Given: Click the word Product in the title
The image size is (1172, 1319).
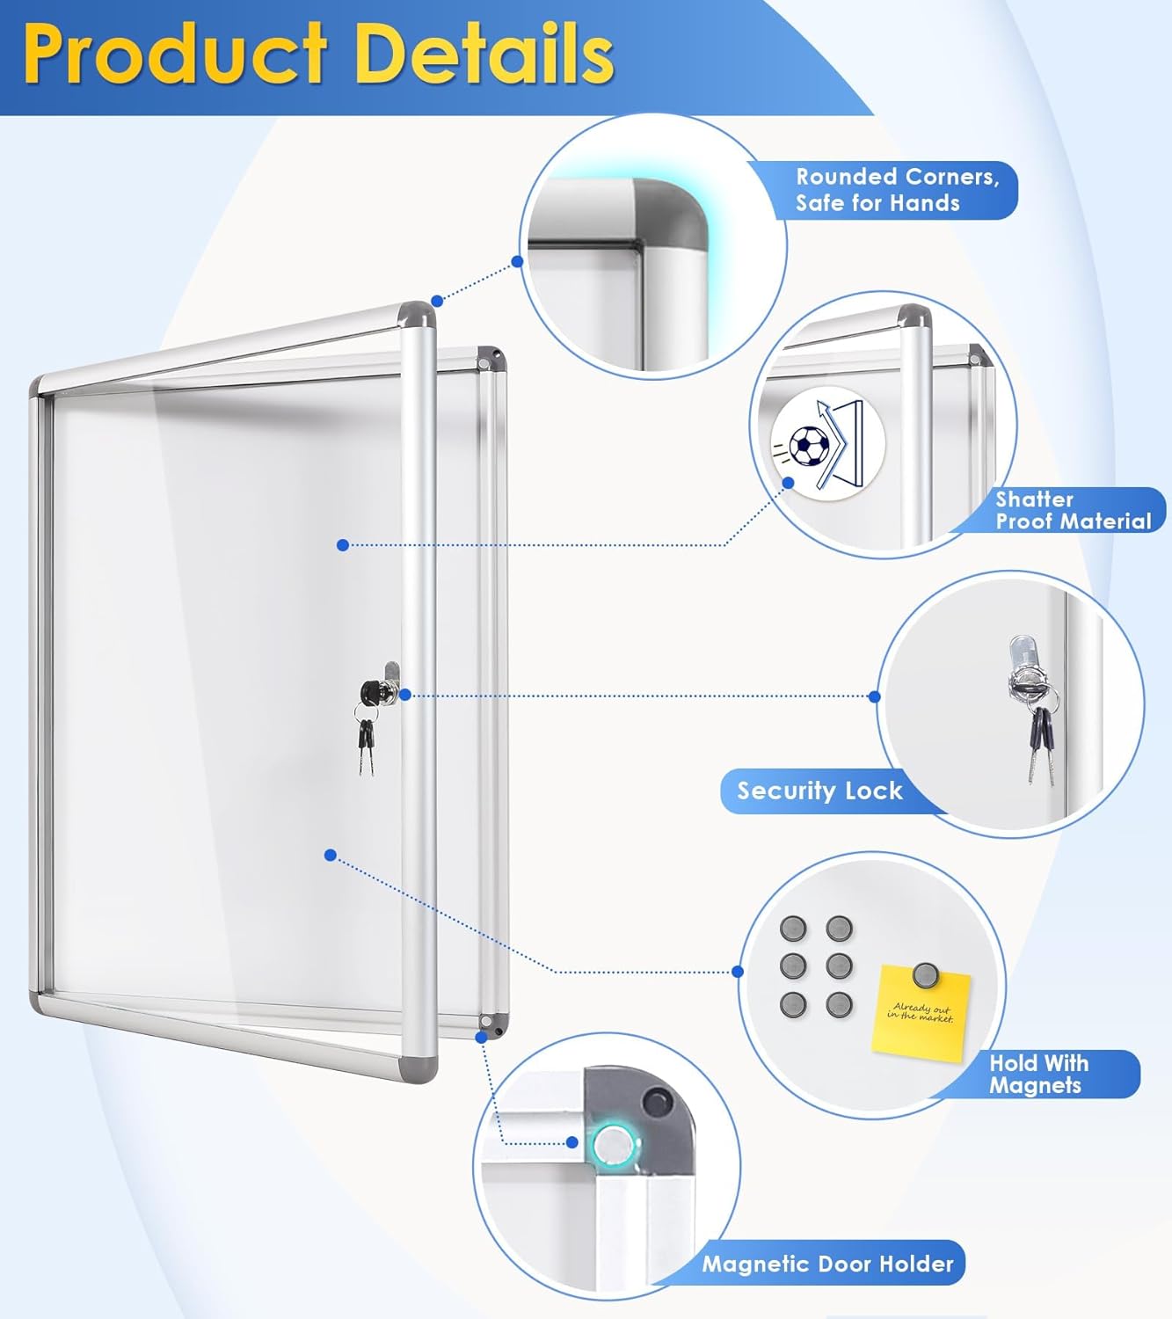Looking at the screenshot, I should pos(176,55).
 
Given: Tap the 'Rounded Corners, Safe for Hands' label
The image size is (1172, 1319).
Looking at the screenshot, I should pos(897,190).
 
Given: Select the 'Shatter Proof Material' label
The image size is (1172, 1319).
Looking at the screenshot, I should pos(1073,511).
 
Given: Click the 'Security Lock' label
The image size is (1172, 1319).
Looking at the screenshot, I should pos(819,791).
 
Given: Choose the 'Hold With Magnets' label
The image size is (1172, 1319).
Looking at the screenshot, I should pos(1038,1074).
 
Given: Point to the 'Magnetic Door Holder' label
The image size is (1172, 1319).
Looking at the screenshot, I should pos(827,1264).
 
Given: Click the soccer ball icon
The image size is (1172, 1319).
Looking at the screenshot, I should pos(808,446).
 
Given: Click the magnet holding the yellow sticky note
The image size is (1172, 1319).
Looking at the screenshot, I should pos(925,974).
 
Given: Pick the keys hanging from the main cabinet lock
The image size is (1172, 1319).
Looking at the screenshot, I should pos(366,746).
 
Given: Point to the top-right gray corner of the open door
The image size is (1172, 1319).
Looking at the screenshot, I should pos(417,315).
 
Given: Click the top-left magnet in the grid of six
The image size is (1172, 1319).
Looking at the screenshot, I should pos(793,929).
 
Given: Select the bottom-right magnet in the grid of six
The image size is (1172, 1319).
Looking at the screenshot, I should pos(840,1003).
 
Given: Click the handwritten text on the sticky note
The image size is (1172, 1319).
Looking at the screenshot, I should pos(921,1012).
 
